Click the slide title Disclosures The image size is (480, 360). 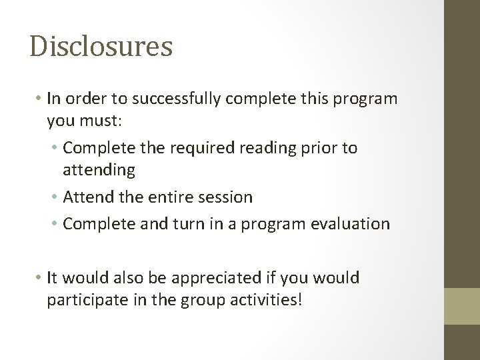point(101,47)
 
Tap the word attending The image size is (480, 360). point(99,171)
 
